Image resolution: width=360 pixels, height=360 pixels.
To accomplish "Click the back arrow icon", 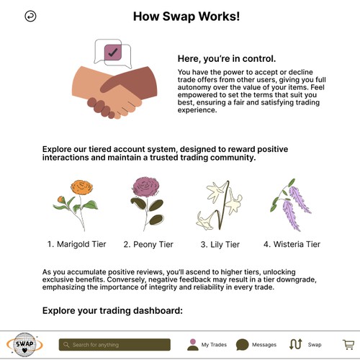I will [x=30, y=16].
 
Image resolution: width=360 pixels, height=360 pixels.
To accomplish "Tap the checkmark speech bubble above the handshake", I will [x=113, y=52].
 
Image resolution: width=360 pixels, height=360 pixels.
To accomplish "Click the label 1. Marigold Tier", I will [x=77, y=245].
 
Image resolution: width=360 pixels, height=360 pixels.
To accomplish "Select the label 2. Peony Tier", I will [x=148, y=245].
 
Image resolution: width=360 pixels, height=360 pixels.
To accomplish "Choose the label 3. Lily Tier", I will [x=220, y=245].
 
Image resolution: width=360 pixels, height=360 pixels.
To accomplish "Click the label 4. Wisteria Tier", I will [x=292, y=245].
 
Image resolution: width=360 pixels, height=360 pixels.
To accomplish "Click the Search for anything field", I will [x=114, y=345].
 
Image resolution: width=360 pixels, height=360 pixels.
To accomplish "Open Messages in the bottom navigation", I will [x=256, y=345].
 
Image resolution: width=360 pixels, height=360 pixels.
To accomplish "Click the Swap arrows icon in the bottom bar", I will [x=295, y=345].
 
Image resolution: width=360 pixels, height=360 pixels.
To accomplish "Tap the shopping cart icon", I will [x=348, y=345].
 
